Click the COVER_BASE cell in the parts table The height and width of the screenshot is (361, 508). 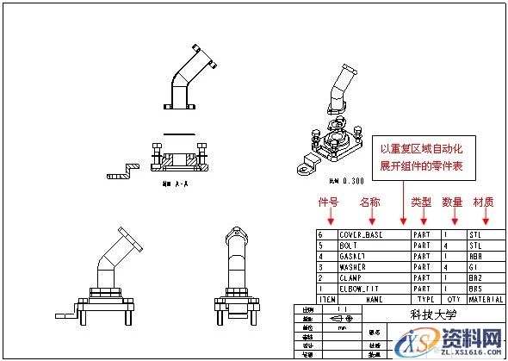point(362,233)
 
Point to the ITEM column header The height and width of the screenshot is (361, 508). point(326,299)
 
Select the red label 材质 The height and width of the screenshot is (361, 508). point(483,202)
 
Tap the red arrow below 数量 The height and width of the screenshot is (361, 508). point(453,217)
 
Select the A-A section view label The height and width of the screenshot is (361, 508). point(175,184)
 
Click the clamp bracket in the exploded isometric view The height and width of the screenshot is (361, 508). point(306,166)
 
